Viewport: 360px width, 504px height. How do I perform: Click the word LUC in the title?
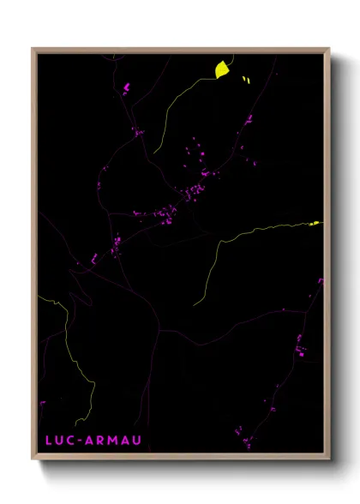click(56, 441)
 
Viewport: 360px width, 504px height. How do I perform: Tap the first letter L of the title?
click(45, 441)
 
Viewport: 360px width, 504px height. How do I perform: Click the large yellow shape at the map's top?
click(221, 69)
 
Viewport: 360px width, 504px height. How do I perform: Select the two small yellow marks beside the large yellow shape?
click(246, 80)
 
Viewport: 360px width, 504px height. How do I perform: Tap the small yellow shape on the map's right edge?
click(314, 223)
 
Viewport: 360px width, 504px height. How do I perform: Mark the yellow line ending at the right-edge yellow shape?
click(257, 229)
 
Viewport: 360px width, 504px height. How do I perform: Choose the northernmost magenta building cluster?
click(126, 87)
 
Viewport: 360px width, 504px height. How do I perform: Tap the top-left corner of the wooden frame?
click(33, 50)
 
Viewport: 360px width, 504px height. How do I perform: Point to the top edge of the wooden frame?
click(180, 50)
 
